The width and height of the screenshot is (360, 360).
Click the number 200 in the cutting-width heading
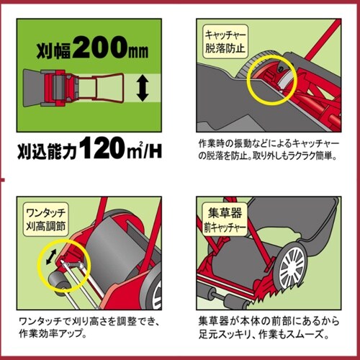[100, 47]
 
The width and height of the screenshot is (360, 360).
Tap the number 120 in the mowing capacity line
[104, 148]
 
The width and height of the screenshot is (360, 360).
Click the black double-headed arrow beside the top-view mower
[143, 88]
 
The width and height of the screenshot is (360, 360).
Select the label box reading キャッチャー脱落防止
[225, 42]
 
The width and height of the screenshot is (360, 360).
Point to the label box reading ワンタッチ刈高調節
[45, 220]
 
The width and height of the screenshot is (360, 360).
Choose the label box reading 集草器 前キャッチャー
[225, 220]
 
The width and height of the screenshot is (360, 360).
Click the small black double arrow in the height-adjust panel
[51, 256]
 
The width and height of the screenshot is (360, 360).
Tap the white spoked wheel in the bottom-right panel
[292, 266]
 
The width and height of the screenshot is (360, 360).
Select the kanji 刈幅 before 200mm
[54, 50]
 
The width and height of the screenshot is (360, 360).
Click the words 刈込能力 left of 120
[47, 151]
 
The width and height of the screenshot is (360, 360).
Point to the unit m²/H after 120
[145, 150]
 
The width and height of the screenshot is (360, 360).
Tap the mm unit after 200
[138, 51]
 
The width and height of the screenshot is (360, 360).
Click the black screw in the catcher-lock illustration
[279, 68]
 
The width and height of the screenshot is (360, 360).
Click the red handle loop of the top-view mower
[108, 88]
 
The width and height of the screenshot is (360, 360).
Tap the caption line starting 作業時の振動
[269, 144]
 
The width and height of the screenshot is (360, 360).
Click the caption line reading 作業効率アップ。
[53, 333]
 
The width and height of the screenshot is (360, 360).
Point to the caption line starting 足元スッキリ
[264, 334]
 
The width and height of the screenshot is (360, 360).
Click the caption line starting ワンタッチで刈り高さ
[89, 321]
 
